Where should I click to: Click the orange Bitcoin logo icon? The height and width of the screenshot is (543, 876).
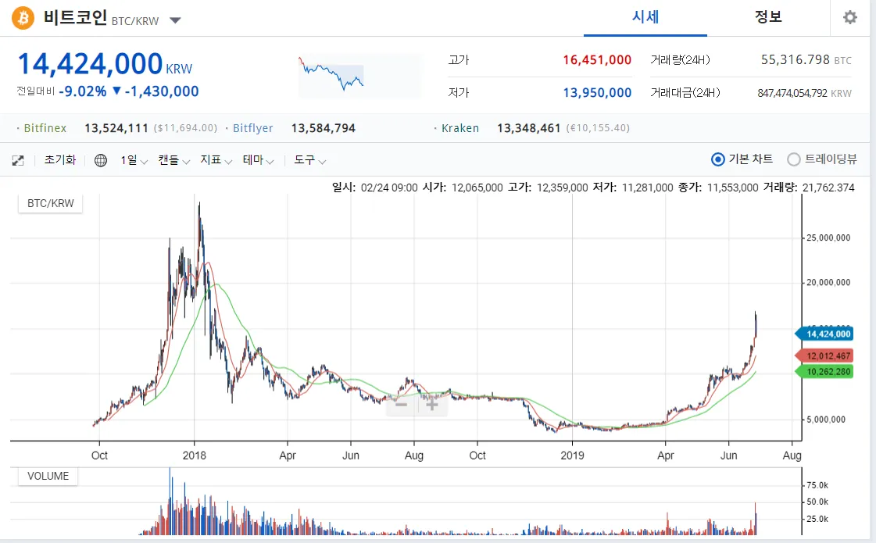(x=23, y=18)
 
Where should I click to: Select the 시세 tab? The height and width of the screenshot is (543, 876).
(x=645, y=17)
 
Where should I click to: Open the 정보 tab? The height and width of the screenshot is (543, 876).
(x=768, y=17)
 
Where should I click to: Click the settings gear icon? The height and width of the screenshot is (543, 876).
(x=850, y=18)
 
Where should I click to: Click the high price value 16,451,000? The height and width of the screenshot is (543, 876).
(x=597, y=60)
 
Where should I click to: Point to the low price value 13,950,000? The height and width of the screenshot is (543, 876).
(x=597, y=93)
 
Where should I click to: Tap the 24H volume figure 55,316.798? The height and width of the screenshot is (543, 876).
(x=795, y=60)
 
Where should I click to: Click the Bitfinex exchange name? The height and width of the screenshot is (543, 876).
(x=45, y=128)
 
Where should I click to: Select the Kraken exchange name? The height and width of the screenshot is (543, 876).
(x=460, y=128)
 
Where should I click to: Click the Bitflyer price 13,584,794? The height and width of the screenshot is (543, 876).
(x=323, y=128)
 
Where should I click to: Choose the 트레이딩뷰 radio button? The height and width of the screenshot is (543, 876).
(x=794, y=159)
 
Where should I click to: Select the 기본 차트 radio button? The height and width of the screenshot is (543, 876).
(x=719, y=159)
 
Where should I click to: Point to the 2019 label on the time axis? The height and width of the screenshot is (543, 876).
(x=573, y=455)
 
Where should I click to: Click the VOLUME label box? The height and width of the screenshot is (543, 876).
(x=48, y=476)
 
